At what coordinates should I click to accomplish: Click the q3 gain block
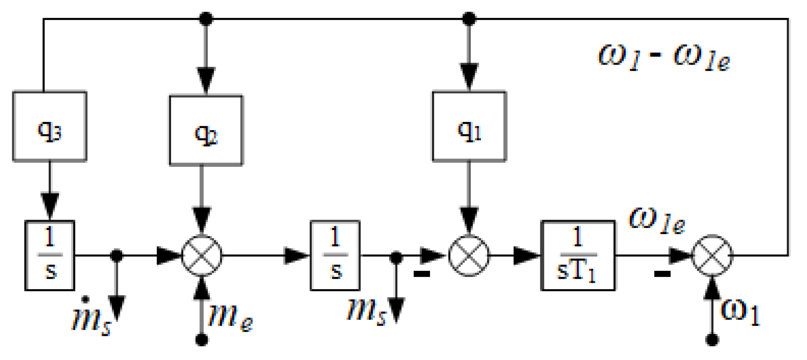(x=50, y=126)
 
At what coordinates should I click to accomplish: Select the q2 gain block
(x=206, y=130)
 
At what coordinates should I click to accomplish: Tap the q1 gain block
(x=469, y=126)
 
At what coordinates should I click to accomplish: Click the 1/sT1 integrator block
(x=578, y=256)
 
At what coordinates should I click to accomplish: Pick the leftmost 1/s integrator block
(x=50, y=256)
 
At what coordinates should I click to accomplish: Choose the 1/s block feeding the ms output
(x=335, y=256)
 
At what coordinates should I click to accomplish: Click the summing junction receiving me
(x=202, y=256)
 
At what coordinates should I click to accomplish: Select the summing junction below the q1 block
(x=469, y=256)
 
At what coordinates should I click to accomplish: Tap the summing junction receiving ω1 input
(x=712, y=256)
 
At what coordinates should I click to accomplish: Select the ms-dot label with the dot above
(x=91, y=318)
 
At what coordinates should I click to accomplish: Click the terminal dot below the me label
(x=202, y=340)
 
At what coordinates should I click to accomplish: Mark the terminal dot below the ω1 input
(x=712, y=340)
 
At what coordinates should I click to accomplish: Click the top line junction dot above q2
(x=206, y=18)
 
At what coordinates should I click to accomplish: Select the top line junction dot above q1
(x=469, y=18)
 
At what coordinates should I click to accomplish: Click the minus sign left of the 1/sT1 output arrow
(x=662, y=274)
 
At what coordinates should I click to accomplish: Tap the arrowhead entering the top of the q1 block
(x=469, y=77)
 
